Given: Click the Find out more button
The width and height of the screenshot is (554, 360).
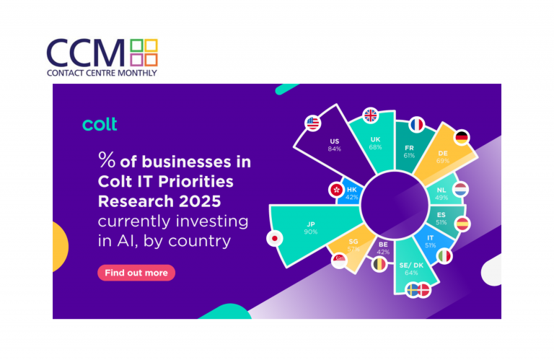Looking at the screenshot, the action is [136, 273].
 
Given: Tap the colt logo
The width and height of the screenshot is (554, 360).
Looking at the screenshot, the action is [100, 124].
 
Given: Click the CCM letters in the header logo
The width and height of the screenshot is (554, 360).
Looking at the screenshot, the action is [86, 53].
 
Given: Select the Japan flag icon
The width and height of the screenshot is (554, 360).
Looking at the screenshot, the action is [275, 238].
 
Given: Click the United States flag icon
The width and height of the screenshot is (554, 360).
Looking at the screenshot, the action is [312, 123].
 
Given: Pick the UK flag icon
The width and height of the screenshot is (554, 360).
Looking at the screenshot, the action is [371, 115].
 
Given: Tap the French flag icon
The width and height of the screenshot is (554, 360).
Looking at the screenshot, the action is [417, 125].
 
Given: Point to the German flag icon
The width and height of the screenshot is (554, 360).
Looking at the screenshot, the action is [462, 137].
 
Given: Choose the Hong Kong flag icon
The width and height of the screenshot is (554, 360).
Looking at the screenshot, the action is [336, 190].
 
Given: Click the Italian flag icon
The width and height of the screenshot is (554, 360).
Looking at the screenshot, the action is [444, 256].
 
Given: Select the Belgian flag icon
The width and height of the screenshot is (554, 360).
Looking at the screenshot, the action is [379, 264].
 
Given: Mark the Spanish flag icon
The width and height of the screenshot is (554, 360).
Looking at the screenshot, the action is [462, 224].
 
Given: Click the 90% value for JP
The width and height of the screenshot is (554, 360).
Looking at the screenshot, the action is [311, 232].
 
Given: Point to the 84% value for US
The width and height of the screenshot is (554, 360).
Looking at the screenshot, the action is [334, 149].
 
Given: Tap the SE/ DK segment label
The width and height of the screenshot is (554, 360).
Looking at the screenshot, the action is [411, 265].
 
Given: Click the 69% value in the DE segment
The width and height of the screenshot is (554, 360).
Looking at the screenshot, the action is [443, 161].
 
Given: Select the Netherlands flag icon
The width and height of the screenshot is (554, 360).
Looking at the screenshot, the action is [461, 190].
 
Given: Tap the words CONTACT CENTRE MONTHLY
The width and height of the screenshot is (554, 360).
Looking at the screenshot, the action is [102, 73].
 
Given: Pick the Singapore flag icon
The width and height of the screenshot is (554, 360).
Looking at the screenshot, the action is [340, 260].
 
